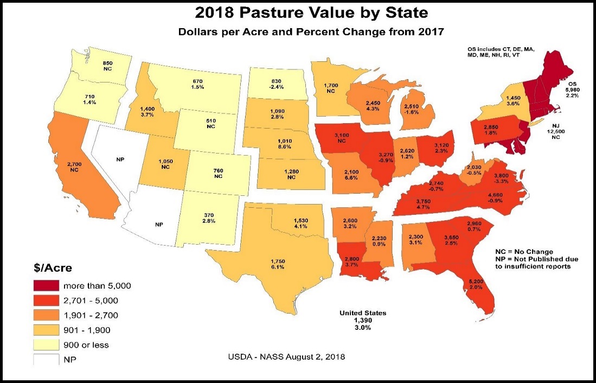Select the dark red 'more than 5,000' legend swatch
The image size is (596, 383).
click(x=49, y=285)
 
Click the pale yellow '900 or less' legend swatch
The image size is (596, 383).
click(x=49, y=344)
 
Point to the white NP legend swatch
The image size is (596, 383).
click(x=49, y=359)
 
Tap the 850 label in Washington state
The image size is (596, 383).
click(x=108, y=63)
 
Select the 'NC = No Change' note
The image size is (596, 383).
click(x=524, y=252)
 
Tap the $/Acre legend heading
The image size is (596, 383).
click(x=50, y=268)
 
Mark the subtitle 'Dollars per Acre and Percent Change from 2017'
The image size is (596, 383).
click(x=311, y=33)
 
